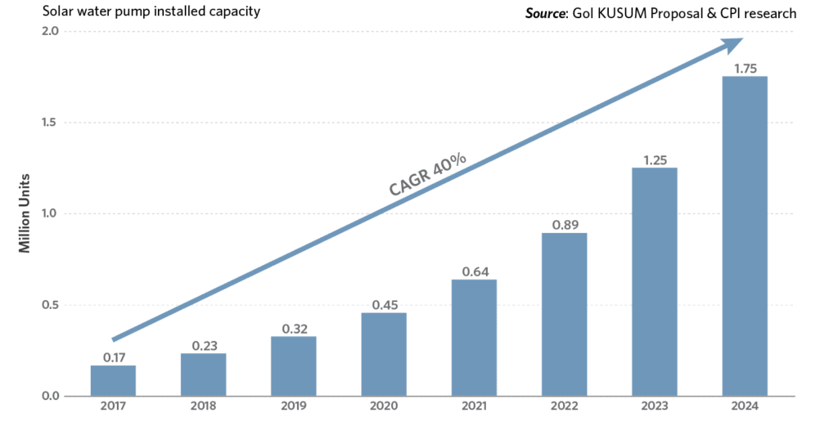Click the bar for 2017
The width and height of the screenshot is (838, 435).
point(113,381)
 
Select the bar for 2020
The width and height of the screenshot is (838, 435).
point(384,355)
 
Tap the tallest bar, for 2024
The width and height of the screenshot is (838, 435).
point(745,236)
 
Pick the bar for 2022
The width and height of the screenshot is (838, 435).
point(564,315)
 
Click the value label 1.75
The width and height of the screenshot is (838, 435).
point(745,69)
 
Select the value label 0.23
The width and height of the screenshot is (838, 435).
point(203,346)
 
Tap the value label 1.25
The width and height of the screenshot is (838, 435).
point(655,160)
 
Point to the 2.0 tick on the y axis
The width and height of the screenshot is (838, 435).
point(50,32)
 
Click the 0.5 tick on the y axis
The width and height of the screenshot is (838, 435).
point(50,306)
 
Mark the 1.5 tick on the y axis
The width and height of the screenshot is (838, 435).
point(50,123)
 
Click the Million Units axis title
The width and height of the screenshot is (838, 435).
point(25,213)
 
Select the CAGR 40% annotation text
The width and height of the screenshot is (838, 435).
point(426,173)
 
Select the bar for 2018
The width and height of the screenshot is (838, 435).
point(203,374)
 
